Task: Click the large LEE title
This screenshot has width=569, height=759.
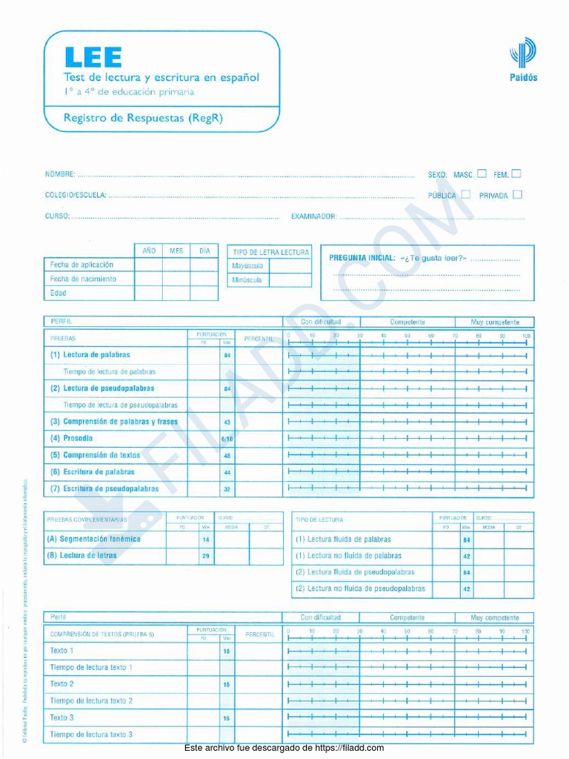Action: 93,57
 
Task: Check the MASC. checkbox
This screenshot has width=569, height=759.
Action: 482,174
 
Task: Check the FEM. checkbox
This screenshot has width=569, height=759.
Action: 516,174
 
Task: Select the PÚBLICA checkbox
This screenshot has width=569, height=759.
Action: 465,195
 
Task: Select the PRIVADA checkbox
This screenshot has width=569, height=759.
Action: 517,195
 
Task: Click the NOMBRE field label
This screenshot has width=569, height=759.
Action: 60,175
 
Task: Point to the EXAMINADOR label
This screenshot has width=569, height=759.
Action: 314,216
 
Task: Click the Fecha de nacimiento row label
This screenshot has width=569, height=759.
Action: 83,279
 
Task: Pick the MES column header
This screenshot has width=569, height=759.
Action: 176,251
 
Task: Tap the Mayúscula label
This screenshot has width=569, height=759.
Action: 247,266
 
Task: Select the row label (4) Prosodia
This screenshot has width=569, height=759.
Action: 72,438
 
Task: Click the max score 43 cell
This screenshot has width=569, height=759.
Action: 227,422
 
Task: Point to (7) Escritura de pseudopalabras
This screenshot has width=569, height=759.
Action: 104,489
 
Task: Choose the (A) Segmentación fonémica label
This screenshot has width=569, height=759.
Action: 93,540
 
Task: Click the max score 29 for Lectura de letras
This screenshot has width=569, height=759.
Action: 206,556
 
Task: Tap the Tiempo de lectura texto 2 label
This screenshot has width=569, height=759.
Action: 91,700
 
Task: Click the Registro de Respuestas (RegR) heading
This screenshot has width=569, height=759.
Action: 143,117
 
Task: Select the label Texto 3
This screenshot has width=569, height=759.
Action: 61,717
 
